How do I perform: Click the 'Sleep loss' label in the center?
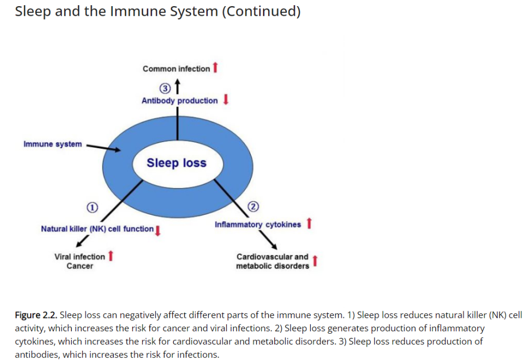176,163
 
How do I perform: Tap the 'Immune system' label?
53,144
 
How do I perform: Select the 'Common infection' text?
176,69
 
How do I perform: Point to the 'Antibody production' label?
179,100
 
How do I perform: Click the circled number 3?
165,88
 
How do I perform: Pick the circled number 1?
92,208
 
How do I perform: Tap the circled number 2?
253,206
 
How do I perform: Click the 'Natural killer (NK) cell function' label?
97,229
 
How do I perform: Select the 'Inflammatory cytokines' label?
258,225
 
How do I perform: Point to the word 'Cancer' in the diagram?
79,266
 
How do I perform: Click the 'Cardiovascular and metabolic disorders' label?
273,261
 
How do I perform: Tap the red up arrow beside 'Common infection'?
215,67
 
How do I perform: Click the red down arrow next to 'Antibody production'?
226,99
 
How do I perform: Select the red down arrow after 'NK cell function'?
158,231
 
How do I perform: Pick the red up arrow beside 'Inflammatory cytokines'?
309,223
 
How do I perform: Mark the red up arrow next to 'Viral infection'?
111,256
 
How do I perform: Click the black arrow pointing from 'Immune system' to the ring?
104,148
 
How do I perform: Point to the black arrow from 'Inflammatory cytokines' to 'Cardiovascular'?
268,240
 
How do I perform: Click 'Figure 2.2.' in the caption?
36,315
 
